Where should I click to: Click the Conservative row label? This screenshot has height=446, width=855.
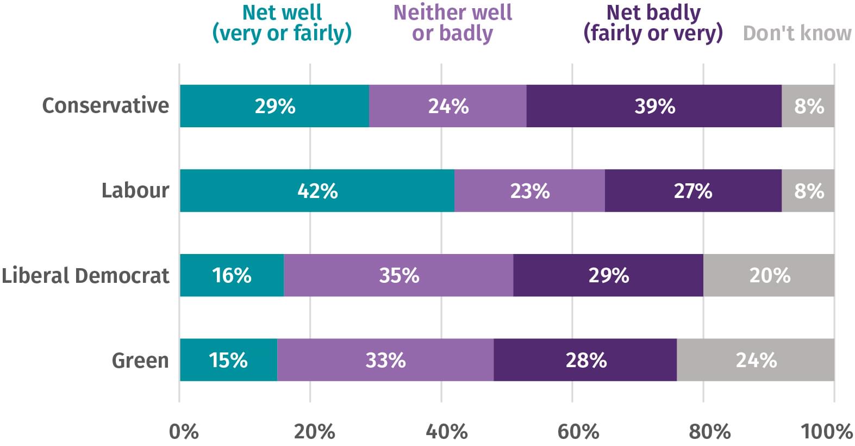[x=105, y=106]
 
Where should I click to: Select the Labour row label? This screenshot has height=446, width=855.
[x=135, y=190]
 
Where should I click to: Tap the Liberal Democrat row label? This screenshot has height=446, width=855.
[x=85, y=275]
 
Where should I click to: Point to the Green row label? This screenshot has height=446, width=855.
[x=140, y=360]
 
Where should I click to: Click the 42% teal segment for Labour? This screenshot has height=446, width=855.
[x=317, y=190]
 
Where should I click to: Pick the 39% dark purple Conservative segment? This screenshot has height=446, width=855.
[x=654, y=106]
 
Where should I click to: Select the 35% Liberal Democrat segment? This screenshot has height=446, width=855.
[x=398, y=275]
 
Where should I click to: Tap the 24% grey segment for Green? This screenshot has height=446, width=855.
[x=756, y=360]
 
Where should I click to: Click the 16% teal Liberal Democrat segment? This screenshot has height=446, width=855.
[x=232, y=275]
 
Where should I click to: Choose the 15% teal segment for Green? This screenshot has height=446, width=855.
[x=228, y=360]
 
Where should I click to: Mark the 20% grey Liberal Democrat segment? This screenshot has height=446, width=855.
[x=769, y=275]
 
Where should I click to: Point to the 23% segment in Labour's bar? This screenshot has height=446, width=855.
[x=529, y=190]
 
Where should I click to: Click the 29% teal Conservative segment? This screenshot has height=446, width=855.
[x=274, y=106]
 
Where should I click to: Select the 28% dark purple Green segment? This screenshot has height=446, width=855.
[x=585, y=360]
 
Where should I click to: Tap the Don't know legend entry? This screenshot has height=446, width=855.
[x=797, y=33]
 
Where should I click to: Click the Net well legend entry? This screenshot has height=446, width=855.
[x=282, y=23]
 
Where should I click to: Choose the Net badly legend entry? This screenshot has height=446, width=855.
[x=653, y=23]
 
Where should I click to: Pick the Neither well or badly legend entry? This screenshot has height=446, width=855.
[x=452, y=23]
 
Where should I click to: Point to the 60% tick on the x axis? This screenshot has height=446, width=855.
[x=578, y=431]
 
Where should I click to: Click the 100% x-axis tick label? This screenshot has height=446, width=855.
[x=826, y=431]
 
